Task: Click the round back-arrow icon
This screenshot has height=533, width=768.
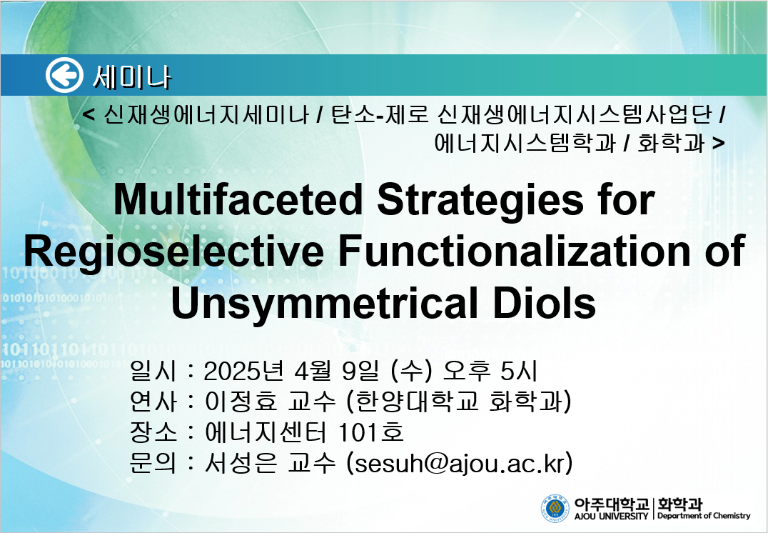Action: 65,75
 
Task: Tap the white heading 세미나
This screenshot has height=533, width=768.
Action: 132,77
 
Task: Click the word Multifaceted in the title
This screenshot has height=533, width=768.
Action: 238,200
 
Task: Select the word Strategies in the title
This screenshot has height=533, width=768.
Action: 480,201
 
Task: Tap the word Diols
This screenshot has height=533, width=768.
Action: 544,302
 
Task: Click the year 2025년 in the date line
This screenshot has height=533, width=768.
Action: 243,371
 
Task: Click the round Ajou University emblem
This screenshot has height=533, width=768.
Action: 555,509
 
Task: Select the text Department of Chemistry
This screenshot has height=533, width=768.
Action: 703,516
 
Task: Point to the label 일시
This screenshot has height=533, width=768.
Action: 152,371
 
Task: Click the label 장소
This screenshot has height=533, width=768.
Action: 152,432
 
